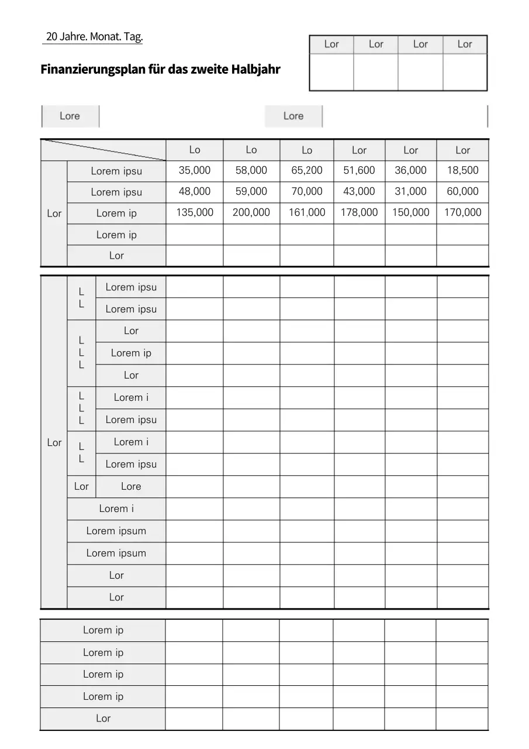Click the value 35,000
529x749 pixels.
(x=195, y=170)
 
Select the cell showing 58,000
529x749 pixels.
(x=251, y=170)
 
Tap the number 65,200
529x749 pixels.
(x=307, y=170)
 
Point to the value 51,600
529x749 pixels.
(x=359, y=170)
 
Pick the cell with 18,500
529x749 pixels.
(x=462, y=170)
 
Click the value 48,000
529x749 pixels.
(x=195, y=191)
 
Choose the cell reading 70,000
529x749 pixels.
(x=307, y=191)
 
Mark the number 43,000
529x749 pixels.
(x=359, y=191)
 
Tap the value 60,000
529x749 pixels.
(x=462, y=191)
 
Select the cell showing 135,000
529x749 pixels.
(x=195, y=212)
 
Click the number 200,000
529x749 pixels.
(x=251, y=212)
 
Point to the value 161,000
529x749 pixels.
(x=307, y=212)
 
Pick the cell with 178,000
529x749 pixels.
(x=359, y=212)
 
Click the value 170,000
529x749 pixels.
(x=462, y=212)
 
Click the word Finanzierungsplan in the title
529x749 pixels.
(x=94, y=70)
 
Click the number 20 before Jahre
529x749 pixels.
(x=51, y=37)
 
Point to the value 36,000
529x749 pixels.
(x=410, y=170)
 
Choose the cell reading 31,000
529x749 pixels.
(x=410, y=191)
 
